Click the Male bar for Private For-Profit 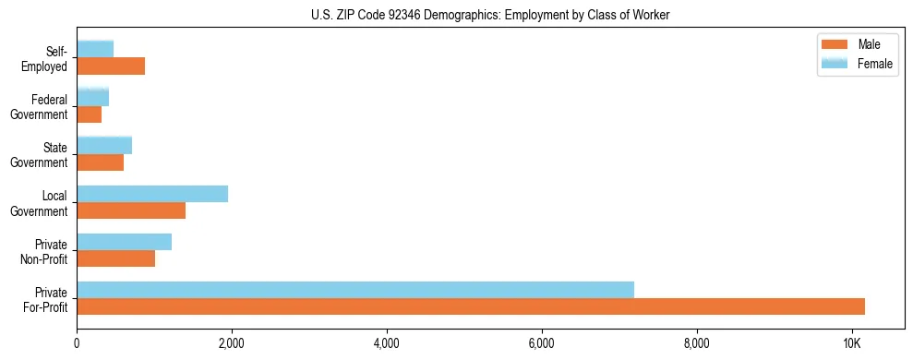471,306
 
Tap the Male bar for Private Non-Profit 116,258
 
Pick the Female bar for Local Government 152,194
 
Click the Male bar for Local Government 131,210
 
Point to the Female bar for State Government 104,145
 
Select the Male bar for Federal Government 90,114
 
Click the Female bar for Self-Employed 95,49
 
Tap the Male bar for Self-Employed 111,66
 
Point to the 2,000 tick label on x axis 232,343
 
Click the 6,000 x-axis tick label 542,343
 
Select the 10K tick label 851,343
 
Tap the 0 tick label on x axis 77,343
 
